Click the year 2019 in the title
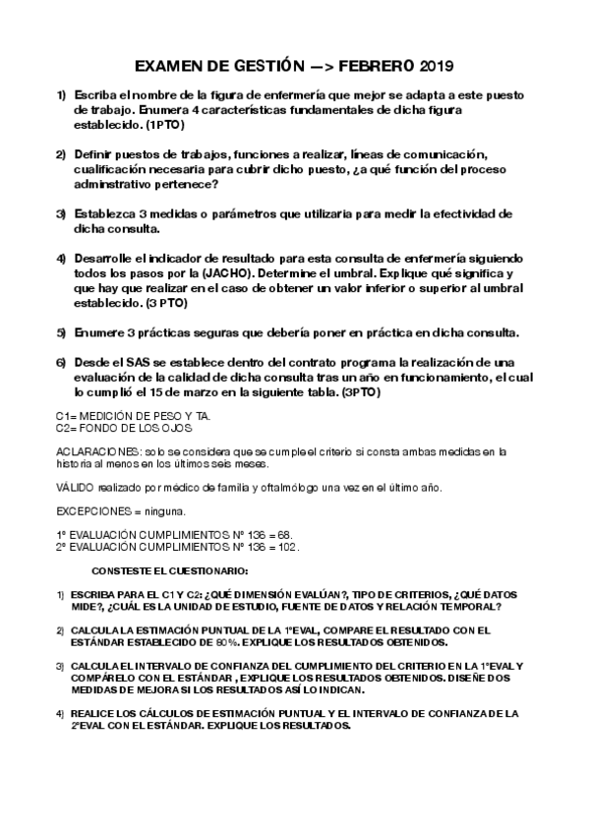coord(435,67)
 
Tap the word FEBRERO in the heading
coord(375,67)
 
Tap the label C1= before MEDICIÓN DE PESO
coord(67,417)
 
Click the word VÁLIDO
coord(76,488)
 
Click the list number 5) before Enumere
coord(61,331)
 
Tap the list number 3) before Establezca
coord(61,213)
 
